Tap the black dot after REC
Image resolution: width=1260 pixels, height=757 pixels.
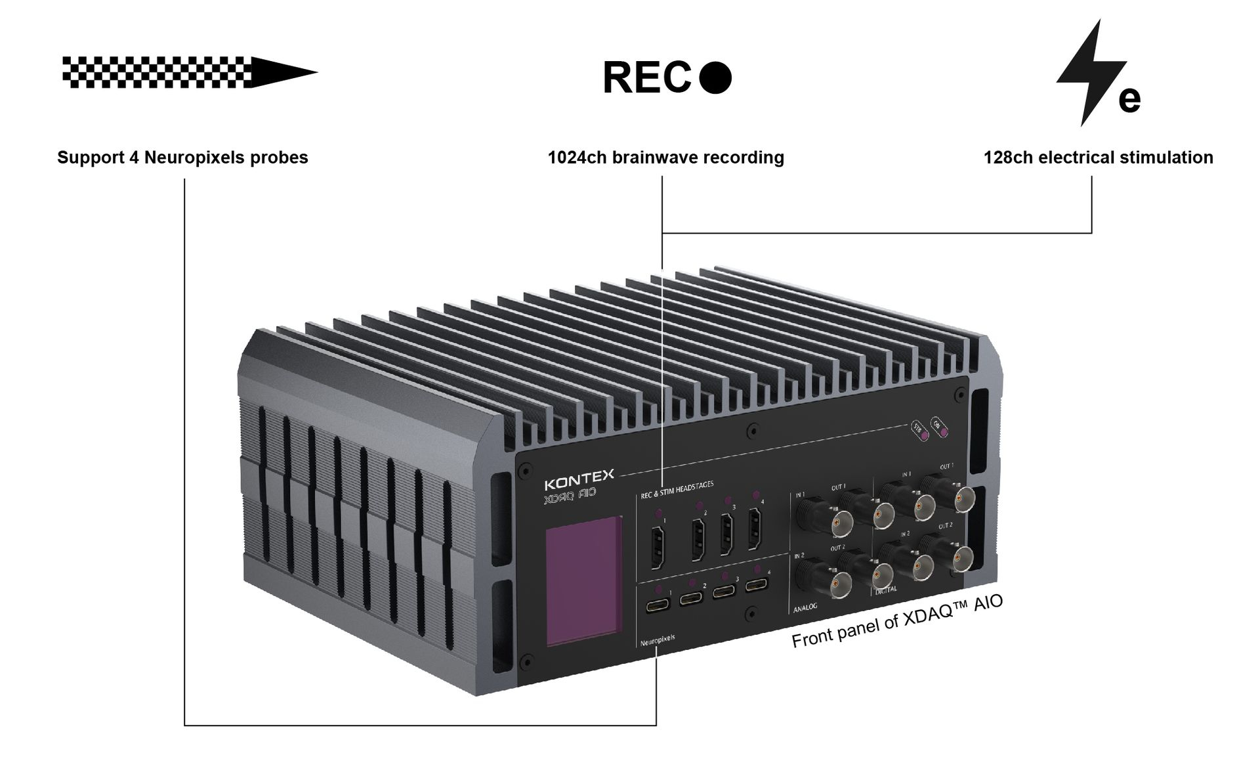tap(715, 77)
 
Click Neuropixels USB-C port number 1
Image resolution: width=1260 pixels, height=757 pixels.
tap(656, 605)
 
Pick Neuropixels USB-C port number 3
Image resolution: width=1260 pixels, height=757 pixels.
tap(724, 590)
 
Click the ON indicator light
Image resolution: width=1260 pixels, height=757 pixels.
tap(944, 430)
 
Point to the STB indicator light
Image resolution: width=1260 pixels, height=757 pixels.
tap(924, 435)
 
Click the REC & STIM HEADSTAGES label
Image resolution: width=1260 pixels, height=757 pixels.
tap(677, 489)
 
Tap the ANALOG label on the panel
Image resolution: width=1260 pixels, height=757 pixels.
tap(805, 607)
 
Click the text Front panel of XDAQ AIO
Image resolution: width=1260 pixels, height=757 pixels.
tap(897, 622)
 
